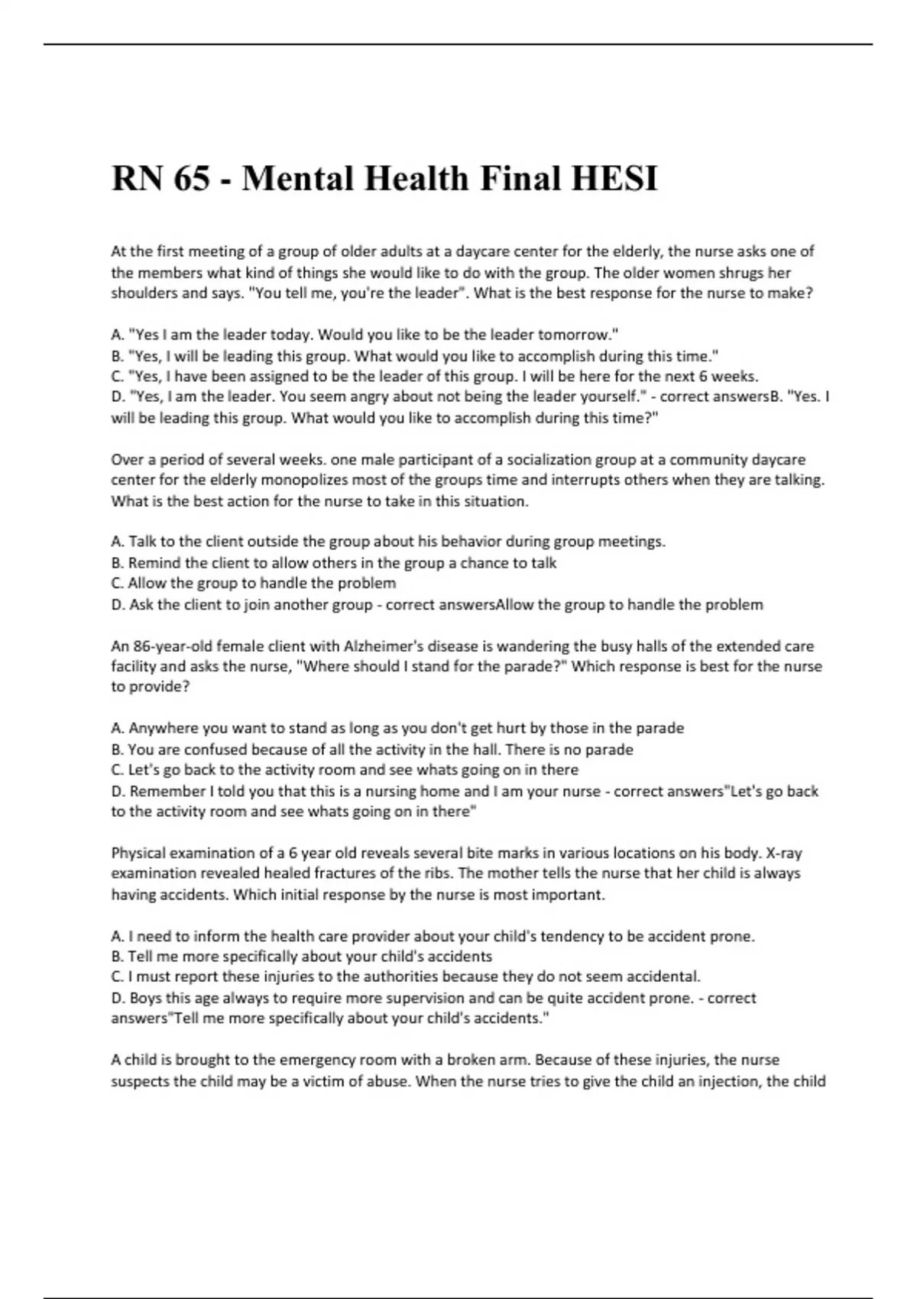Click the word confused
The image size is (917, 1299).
(x=211, y=750)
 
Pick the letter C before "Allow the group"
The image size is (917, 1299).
(x=117, y=584)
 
